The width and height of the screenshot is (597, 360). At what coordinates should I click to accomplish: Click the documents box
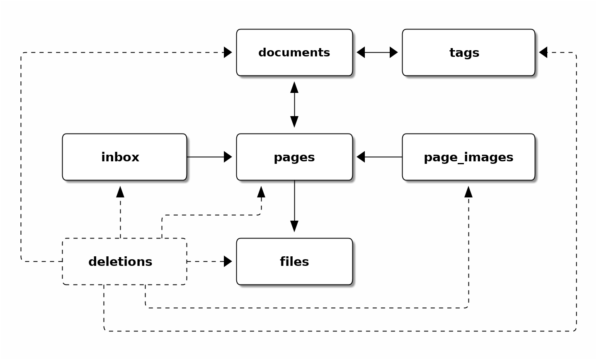[x=294, y=53]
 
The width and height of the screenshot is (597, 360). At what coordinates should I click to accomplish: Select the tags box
[x=468, y=53]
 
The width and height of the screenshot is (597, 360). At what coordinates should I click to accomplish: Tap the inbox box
[x=124, y=157]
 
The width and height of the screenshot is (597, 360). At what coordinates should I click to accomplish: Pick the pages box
[x=294, y=157]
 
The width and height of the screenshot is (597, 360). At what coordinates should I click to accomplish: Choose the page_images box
[x=468, y=157]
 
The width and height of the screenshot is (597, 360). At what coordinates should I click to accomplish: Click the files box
[x=294, y=262]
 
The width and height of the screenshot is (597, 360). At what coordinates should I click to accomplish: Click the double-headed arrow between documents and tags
[x=377, y=53]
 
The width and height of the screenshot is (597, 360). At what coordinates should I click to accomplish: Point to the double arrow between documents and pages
[x=294, y=105]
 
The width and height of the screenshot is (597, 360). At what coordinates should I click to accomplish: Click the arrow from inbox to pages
[x=209, y=157]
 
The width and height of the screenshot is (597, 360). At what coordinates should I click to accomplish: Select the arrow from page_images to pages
[x=379, y=157]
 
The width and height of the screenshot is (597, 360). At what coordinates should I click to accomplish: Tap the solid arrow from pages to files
[x=294, y=206]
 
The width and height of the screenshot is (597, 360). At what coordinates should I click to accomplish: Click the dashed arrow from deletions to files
[x=209, y=262]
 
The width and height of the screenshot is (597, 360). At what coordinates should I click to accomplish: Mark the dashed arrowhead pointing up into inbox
[x=120, y=192]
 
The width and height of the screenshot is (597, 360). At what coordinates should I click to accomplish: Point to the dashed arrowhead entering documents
[x=228, y=53]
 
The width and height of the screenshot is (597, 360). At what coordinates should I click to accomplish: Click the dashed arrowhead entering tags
[x=544, y=53]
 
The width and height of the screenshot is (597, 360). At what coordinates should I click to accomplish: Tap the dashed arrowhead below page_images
[x=468, y=192]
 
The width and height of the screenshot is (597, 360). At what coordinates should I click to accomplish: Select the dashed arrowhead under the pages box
[x=261, y=192]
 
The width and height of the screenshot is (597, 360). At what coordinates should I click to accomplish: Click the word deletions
[x=120, y=262]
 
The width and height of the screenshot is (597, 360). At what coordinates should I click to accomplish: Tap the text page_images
[x=468, y=158]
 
